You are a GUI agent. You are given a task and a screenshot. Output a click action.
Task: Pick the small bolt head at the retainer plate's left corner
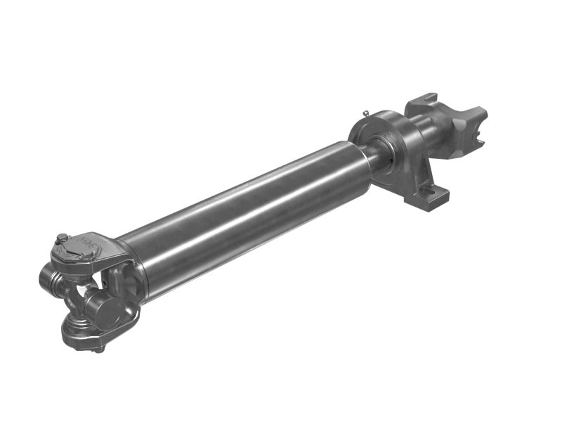coord(62,239)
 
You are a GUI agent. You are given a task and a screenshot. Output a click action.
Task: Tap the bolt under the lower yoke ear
coord(99,347)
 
